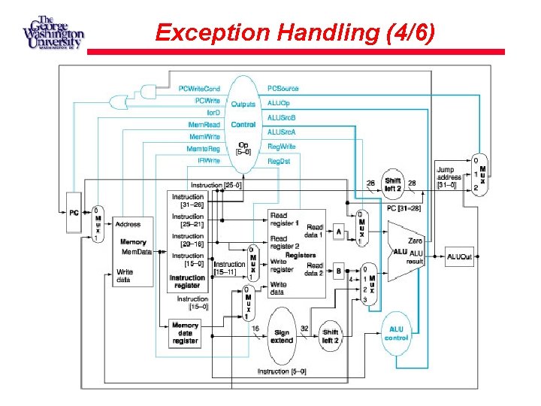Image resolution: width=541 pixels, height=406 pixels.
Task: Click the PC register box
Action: (x=72, y=213)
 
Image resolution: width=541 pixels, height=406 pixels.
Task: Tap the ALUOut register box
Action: (x=459, y=256)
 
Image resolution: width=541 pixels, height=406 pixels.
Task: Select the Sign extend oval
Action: (x=282, y=335)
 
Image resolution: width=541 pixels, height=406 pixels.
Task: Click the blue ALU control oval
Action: (x=396, y=333)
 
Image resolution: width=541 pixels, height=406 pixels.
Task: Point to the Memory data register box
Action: (x=185, y=333)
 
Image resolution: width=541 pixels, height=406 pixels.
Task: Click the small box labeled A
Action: (x=339, y=232)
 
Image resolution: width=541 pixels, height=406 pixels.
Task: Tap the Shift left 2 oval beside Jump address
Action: (x=392, y=183)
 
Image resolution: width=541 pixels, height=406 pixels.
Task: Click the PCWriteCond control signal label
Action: (x=199, y=89)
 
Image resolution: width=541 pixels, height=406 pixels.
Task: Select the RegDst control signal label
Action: (x=280, y=161)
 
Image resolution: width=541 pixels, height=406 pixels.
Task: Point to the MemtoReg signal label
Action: (x=203, y=149)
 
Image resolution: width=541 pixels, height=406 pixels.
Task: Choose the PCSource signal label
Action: (x=283, y=89)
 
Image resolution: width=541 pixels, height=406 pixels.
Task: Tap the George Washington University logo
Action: (x=53, y=32)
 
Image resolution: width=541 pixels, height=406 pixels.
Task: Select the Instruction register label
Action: (x=187, y=281)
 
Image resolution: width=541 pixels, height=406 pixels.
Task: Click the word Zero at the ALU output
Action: (x=415, y=239)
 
